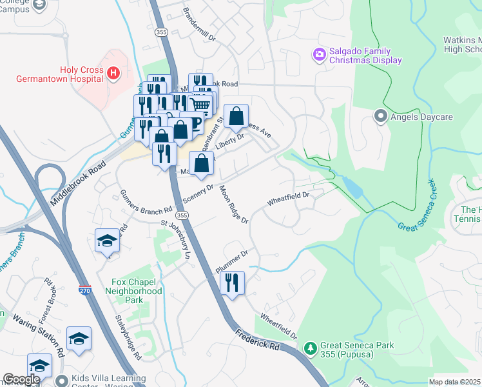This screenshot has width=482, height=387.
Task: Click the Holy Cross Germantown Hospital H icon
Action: click(x=113, y=74)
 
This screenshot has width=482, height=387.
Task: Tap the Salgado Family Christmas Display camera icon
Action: click(x=319, y=55)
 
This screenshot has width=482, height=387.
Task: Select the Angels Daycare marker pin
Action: click(x=380, y=117)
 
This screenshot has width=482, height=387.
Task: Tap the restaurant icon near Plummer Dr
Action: click(x=232, y=283)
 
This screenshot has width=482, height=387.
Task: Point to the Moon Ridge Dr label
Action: click(x=233, y=204)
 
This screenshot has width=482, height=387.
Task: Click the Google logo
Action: click(x=21, y=379)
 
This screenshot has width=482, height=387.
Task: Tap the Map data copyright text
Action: click(x=454, y=382)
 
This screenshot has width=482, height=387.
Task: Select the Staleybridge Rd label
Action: click(x=128, y=336)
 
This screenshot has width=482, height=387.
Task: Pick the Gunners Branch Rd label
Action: click(x=146, y=201)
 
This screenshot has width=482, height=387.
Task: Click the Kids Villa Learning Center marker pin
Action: click(x=61, y=381)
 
